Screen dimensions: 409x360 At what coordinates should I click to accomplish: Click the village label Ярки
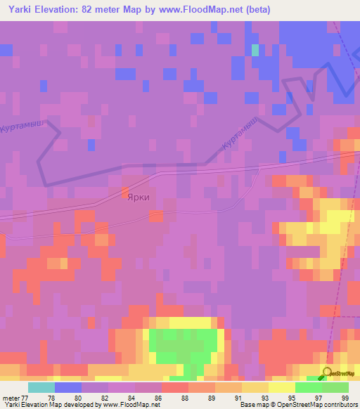[138, 198]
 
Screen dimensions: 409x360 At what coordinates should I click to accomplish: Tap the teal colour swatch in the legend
[41, 387]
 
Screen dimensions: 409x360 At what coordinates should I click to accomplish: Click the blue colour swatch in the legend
[67, 387]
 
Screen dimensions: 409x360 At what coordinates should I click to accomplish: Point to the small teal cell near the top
[255, 50]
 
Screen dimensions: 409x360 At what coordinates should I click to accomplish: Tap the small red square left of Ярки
[125, 191]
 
